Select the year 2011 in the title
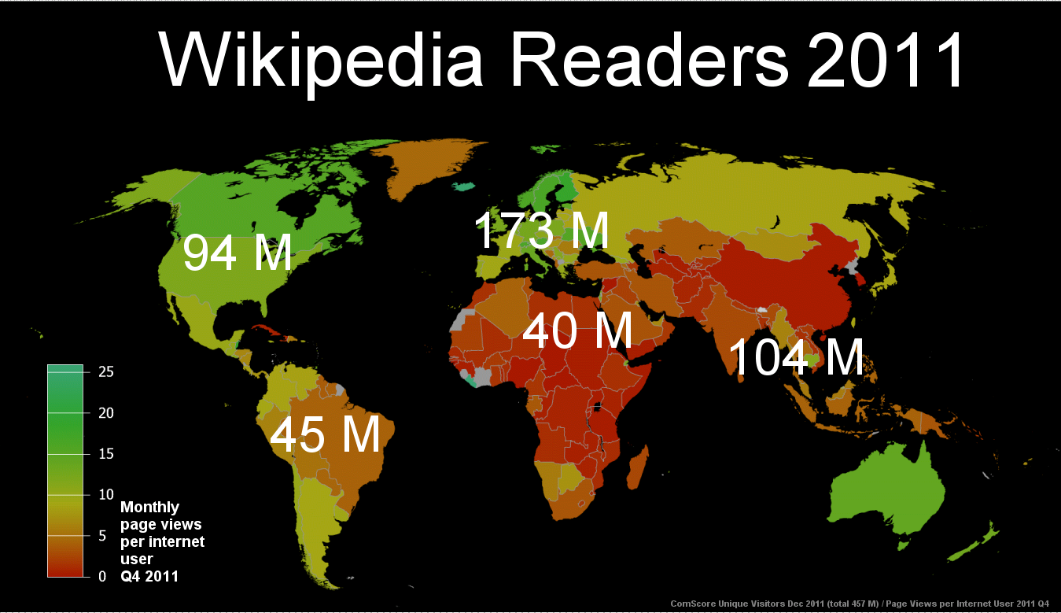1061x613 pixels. pyautogui.click(x=886, y=61)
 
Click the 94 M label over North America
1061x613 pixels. pyautogui.click(x=238, y=253)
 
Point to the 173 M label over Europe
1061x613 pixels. pyautogui.click(x=541, y=230)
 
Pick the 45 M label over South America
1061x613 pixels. pyautogui.click(x=325, y=434)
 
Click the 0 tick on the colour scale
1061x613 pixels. pyautogui.click(x=102, y=577)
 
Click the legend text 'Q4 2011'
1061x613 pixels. pyautogui.click(x=149, y=577)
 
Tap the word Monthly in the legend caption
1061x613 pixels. pyautogui.click(x=149, y=508)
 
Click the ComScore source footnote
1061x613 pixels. pyautogui.click(x=859, y=604)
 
